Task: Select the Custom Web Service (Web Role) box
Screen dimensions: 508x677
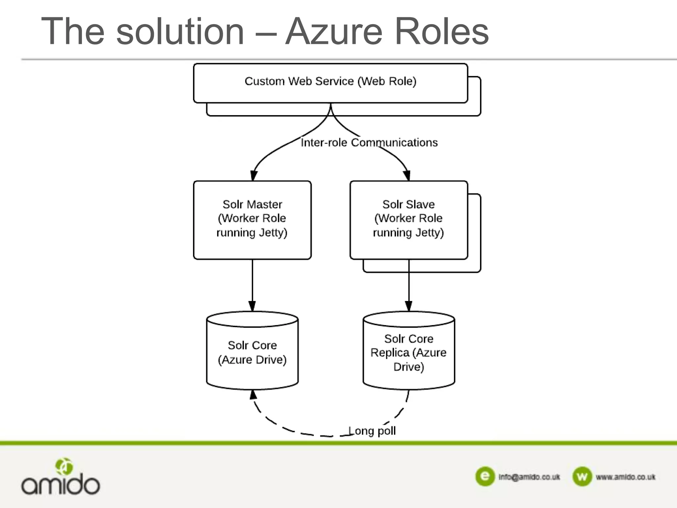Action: [330, 83]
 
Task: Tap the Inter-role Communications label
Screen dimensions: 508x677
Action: [369, 143]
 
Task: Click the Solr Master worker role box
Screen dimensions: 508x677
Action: [252, 220]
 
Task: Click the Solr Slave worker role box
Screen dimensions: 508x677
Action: [409, 220]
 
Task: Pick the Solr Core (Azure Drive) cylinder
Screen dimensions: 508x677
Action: [252, 352]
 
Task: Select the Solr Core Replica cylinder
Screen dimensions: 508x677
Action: [409, 352]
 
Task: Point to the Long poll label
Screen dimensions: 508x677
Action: [372, 431]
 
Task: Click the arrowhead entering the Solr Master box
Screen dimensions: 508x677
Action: [254, 176]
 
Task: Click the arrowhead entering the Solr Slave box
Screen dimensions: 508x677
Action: [407, 176]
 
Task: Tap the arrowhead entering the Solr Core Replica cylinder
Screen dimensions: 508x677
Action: [409, 306]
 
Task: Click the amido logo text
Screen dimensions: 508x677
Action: [60, 485]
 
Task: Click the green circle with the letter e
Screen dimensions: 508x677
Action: [485, 476]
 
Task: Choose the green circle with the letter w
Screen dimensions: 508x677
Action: [582, 476]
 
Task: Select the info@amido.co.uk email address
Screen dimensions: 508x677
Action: [529, 477]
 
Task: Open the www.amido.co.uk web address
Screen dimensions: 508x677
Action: [625, 477]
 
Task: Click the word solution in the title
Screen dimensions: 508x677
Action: [180, 31]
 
